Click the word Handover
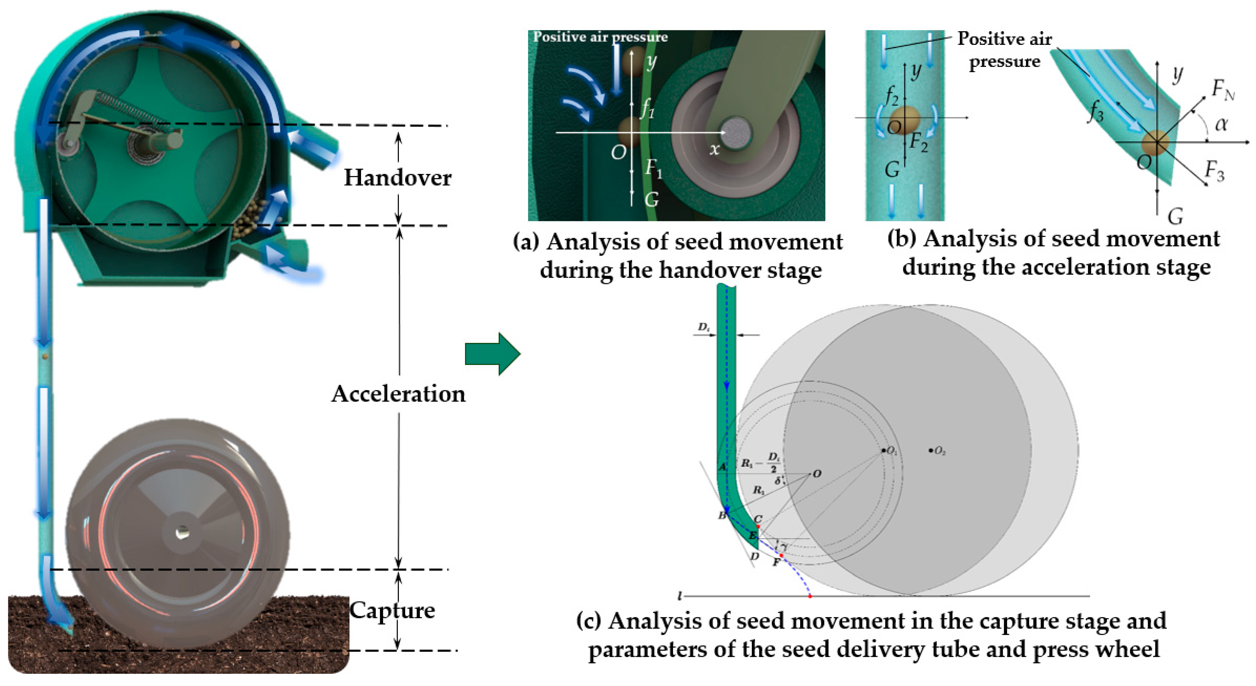coord(397,178)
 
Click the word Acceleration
coord(398,394)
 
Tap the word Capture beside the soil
coord(392,610)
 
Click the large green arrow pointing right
coord(493,354)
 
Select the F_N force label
coord(1223,90)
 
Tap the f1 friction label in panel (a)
coord(647,108)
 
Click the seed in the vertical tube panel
coord(903,118)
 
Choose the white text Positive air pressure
coord(600,37)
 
